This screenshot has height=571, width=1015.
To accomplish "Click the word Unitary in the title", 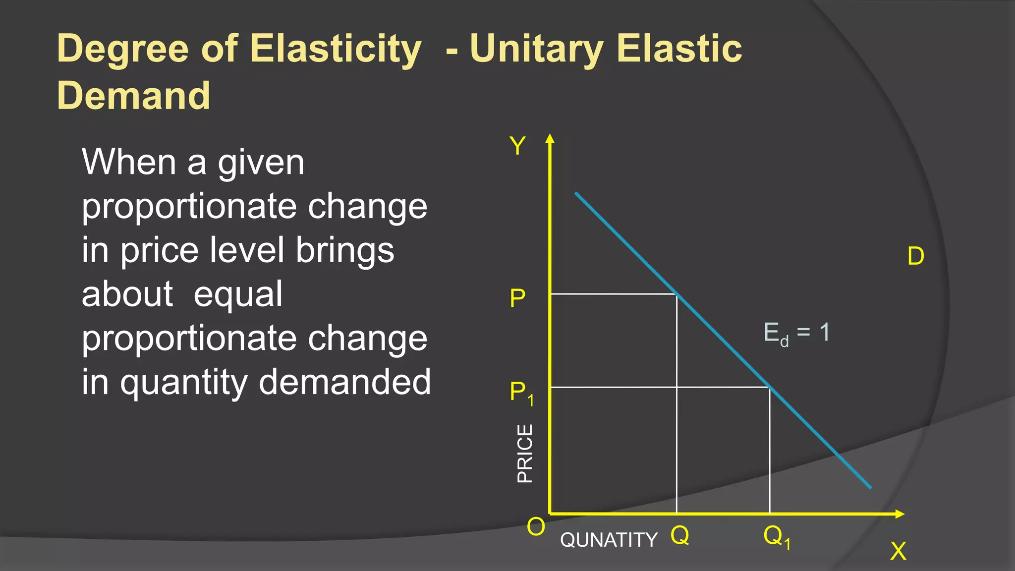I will click(x=536, y=49).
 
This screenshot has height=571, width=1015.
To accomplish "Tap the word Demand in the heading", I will click(x=133, y=95).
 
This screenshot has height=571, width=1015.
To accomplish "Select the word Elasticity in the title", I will click(x=336, y=49).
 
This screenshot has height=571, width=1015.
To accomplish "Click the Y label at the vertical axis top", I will click(x=517, y=146).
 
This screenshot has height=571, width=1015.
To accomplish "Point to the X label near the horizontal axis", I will click(x=898, y=551).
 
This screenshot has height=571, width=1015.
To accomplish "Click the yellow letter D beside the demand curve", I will click(x=915, y=256).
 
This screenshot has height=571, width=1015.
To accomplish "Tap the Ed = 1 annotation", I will click(x=796, y=333).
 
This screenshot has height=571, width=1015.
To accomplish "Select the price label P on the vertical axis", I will click(x=517, y=298).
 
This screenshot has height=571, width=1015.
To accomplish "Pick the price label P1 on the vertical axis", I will click(x=521, y=393).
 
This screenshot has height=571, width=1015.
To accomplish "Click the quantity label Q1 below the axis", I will click(x=777, y=537).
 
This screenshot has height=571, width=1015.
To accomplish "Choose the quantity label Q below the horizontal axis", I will click(x=679, y=535).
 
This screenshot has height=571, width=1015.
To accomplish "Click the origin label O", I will click(x=536, y=526).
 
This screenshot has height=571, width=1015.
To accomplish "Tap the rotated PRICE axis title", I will click(x=524, y=453).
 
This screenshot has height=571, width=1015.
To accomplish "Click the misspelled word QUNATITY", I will click(x=609, y=540).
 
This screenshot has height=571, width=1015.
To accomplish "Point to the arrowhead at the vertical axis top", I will click(x=550, y=139).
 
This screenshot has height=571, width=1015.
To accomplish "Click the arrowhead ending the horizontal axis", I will click(x=900, y=514).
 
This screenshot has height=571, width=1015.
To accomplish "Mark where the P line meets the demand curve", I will click(x=677, y=294).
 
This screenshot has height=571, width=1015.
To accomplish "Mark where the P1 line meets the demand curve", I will click(x=770, y=387).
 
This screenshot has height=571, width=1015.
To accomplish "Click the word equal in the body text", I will click(x=237, y=294).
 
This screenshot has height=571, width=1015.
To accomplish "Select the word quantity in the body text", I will click(x=184, y=383).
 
